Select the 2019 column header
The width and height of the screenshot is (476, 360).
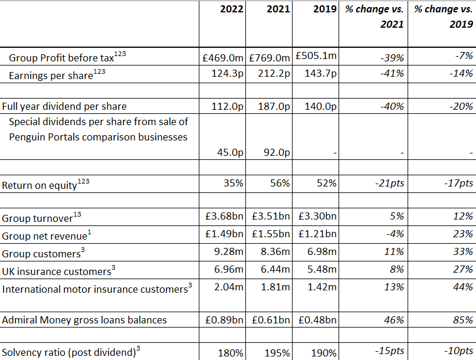(325, 9)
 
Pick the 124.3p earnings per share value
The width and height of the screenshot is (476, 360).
(228, 74)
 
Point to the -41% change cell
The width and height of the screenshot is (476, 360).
(392, 74)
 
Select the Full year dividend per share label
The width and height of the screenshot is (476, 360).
(64, 107)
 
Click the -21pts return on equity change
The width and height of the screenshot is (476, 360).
(390, 184)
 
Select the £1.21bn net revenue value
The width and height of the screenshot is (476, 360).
(317, 234)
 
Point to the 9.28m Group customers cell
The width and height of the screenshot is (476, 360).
(230, 253)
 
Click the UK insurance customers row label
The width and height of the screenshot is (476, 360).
(56, 271)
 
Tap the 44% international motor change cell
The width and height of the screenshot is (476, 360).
(463, 288)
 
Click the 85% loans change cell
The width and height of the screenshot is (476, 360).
(463, 320)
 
